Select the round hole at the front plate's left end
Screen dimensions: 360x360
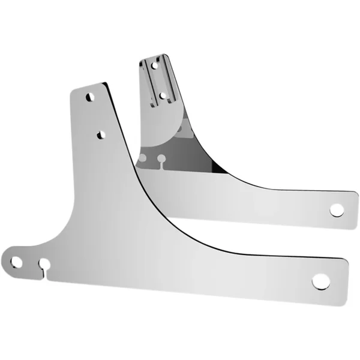[16, 262]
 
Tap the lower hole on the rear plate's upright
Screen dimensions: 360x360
[162, 94]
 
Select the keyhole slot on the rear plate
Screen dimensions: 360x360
[161, 160]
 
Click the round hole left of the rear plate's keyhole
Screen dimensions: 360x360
[143, 158]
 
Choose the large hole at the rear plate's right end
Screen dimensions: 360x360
[337, 210]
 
